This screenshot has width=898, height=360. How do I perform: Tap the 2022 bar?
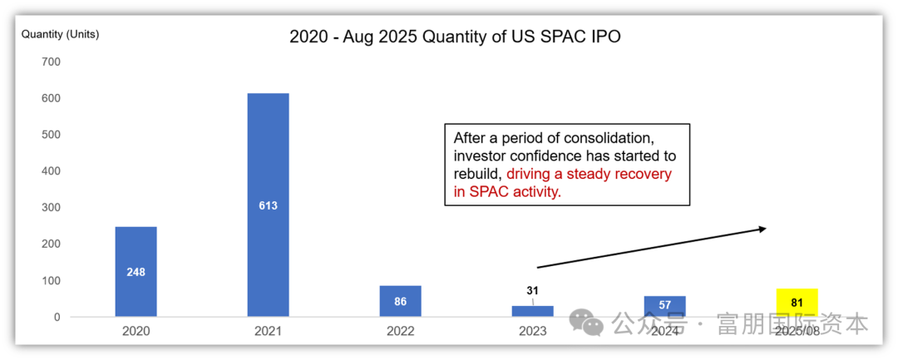point(400,301)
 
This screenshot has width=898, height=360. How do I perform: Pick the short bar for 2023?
point(532,311)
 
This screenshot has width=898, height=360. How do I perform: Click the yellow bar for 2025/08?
point(797,303)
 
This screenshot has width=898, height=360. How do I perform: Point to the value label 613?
point(268,205)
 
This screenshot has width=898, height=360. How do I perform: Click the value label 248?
point(136,272)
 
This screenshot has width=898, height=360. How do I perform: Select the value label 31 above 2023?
point(532,290)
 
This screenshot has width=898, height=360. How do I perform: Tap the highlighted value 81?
point(797,300)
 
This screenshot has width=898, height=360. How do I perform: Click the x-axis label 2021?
point(268,331)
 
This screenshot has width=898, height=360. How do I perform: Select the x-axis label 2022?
point(400,331)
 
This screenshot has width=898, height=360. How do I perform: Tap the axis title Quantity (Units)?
point(60,34)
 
